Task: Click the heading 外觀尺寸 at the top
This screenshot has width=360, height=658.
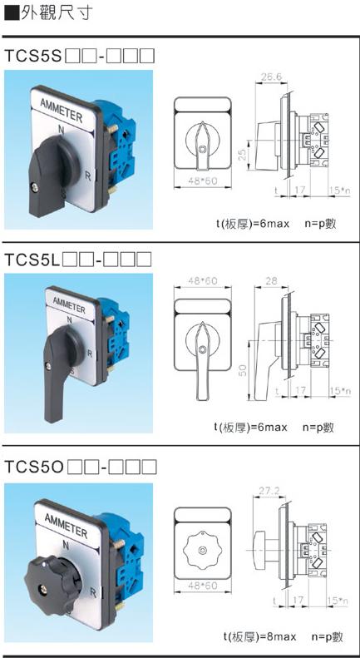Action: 53,12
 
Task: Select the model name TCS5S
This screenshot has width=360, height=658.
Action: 32,56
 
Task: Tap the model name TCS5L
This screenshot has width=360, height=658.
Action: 31,260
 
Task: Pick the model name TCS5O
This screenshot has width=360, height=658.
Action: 34,466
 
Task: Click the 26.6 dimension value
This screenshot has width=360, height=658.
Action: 272,77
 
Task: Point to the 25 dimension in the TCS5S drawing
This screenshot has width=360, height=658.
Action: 243,156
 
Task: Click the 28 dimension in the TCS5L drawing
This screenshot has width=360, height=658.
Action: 272,280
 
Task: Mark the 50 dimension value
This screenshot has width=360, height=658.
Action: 243,369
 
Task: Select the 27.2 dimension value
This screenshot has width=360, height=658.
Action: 269,491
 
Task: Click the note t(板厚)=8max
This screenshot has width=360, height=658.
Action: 259,636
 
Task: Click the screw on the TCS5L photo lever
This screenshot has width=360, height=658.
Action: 49,365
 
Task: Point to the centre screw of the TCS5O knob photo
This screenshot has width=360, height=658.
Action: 43,590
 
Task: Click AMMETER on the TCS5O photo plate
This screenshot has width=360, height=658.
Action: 66,525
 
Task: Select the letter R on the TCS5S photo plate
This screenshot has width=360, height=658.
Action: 88,176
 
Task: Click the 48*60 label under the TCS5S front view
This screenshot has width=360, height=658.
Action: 203,181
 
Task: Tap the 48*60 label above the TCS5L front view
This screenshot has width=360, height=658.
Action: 203,280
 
